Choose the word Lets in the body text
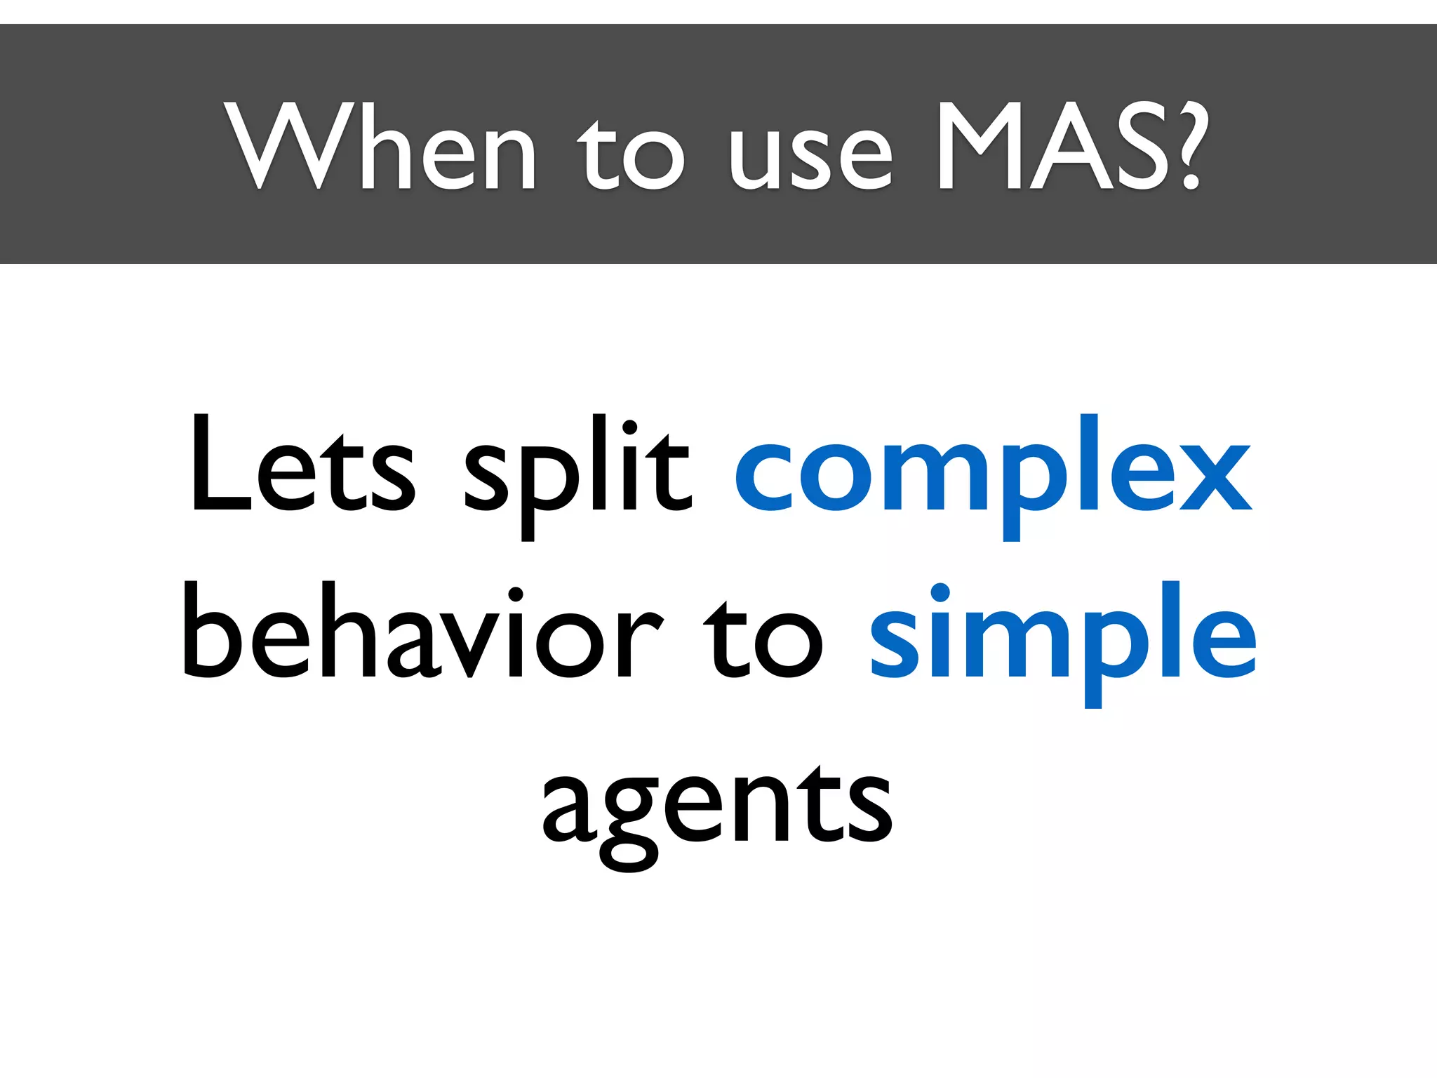tap(302, 467)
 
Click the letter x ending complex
tap(1215, 477)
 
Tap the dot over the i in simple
tap(940, 593)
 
